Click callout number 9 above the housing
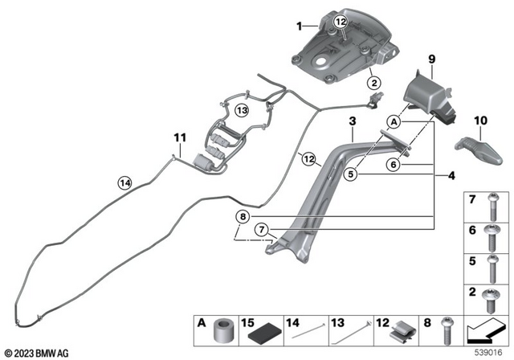(x=431, y=59)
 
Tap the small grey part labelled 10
(x=477, y=147)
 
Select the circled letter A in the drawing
(x=394, y=121)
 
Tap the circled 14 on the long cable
(x=124, y=182)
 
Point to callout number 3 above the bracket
(x=351, y=121)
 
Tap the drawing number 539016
(x=487, y=352)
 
